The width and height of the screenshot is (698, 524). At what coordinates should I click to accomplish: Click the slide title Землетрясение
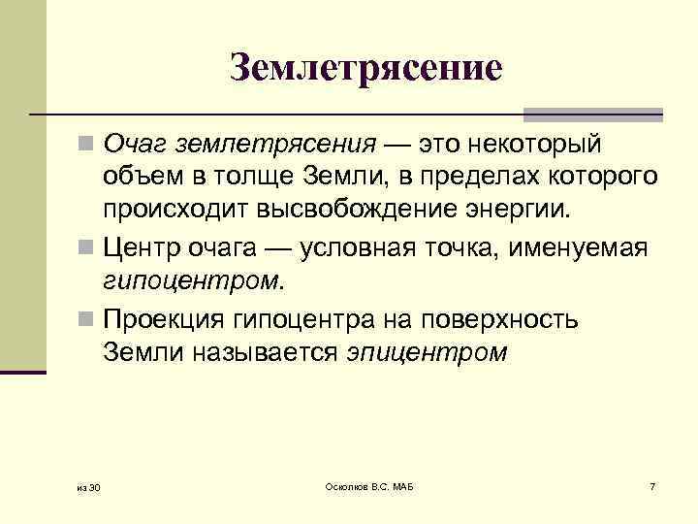[367, 67]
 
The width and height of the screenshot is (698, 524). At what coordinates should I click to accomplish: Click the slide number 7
[652, 484]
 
